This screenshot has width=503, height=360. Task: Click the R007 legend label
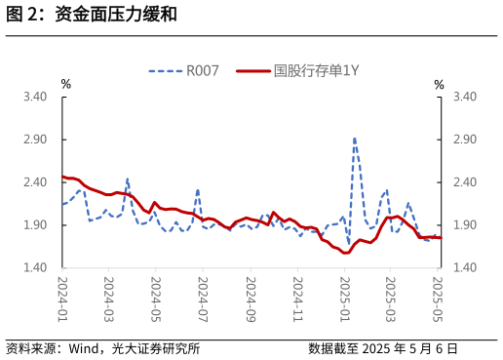click(x=203, y=70)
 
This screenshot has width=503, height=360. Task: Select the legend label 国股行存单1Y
click(x=316, y=70)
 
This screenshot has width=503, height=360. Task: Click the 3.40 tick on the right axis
click(x=465, y=97)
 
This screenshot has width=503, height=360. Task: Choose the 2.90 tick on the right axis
click(x=465, y=140)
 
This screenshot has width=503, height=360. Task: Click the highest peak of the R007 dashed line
click(x=355, y=139)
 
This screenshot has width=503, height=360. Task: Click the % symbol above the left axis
click(x=65, y=85)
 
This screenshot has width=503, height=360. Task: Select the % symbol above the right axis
click(x=439, y=85)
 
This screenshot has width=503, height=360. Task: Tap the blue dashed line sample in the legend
click(x=166, y=70)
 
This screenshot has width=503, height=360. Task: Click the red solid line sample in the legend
click(x=252, y=70)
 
